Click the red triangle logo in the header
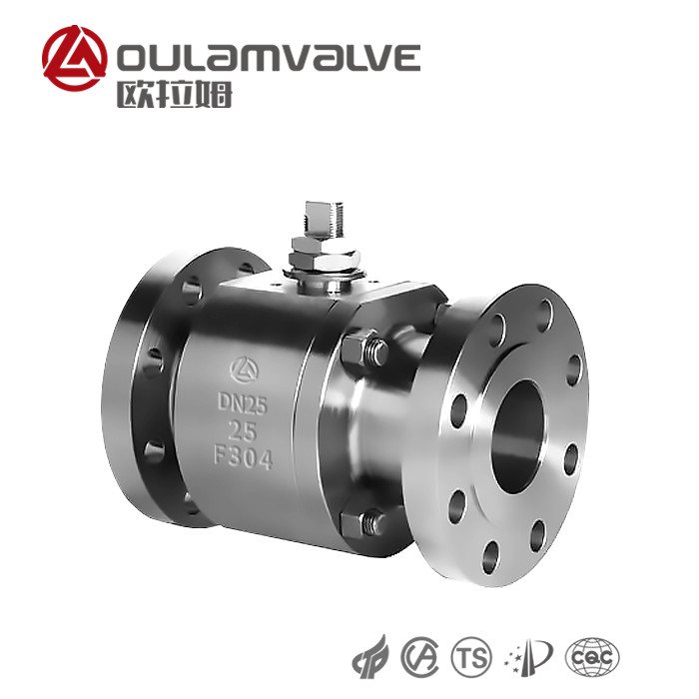[75, 58]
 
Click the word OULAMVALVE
[269, 58]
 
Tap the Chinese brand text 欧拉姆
[175, 95]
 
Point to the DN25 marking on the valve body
[242, 403]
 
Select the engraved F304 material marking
[243, 457]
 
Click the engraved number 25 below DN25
[243, 430]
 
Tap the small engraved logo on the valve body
[244, 370]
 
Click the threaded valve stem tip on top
[325, 220]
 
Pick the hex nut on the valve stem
[325, 256]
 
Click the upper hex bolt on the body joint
[364, 348]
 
